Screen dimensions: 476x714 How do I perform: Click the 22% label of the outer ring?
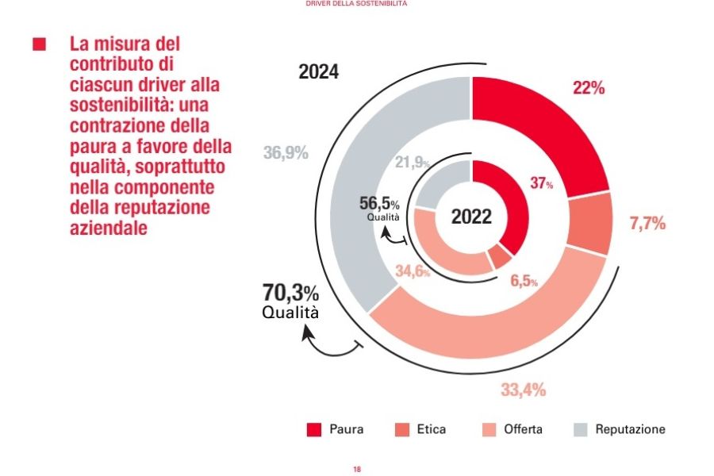(x=589, y=89)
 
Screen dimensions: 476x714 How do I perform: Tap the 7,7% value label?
(x=647, y=224)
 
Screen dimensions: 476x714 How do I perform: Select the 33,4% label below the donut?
(x=523, y=390)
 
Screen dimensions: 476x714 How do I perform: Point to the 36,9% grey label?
(x=286, y=153)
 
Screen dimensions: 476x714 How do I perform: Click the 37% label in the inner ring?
(x=541, y=183)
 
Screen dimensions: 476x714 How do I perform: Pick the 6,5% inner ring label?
(x=523, y=282)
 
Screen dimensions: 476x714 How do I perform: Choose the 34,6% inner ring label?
(x=413, y=272)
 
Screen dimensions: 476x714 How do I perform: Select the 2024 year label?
(x=319, y=72)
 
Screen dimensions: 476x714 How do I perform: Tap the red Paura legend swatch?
(x=313, y=430)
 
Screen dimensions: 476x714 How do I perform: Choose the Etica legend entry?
(x=420, y=430)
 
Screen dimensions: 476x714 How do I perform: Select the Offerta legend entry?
(x=512, y=430)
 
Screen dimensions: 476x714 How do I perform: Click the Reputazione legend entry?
(x=619, y=430)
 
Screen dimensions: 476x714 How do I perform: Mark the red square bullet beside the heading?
(x=39, y=44)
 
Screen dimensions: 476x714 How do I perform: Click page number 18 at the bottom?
(x=357, y=470)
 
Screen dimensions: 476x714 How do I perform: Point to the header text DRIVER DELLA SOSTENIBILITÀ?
(x=356, y=4)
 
